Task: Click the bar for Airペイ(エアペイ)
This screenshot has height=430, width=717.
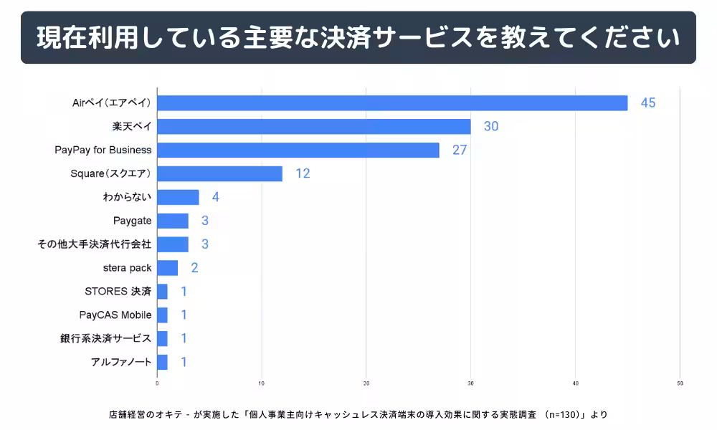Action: click(x=392, y=102)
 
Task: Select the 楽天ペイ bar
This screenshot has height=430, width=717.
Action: click(x=314, y=126)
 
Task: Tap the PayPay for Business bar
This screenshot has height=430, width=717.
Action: click(x=298, y=150)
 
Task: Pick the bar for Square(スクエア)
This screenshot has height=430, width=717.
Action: click(x=219, y=173)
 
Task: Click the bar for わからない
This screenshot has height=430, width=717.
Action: click(x=178, y=197)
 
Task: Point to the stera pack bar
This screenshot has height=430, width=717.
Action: click(x=167, y=268)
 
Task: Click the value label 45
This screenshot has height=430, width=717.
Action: click(x=648, y=102)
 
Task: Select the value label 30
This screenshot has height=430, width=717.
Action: click(x=491, y=126)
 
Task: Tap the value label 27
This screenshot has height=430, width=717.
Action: click(x=460, y=150)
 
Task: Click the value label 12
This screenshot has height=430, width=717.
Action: click(x=303, y=173)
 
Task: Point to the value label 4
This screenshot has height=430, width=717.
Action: click(x=215, y=197)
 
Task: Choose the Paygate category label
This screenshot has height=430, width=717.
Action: click(x=132, y=221)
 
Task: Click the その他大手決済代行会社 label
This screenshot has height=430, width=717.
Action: click(x=94, y=244)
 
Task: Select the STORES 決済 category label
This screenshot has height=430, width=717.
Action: click(x=118, y=292)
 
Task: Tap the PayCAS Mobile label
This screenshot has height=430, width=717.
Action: click(x=115, y=315)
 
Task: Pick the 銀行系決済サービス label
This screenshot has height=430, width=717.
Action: click(x=105, y=338)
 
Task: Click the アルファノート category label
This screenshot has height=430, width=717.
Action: click(x=121, y=362)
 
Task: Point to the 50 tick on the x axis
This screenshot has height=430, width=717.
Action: click(x=680, y=383)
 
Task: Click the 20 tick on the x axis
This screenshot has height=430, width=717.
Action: click(x=366, y=383)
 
